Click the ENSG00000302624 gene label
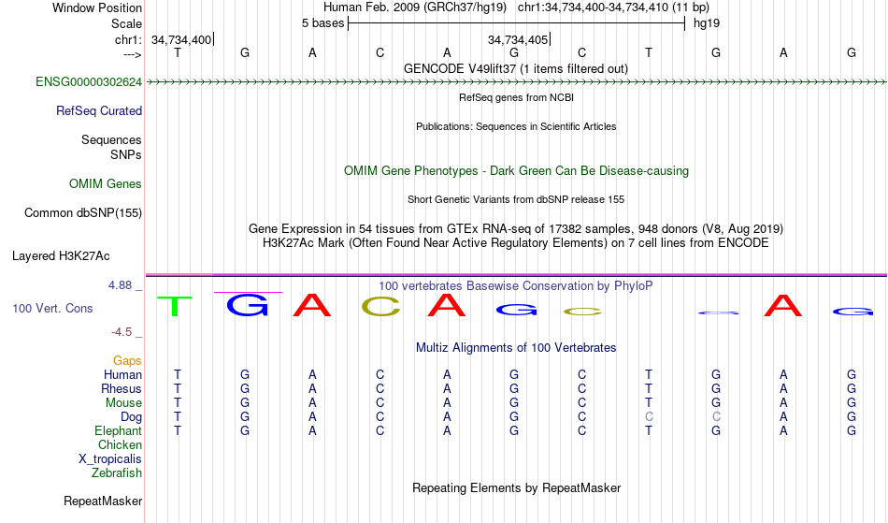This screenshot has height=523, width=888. tap(89, 81)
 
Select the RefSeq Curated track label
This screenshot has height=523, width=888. tap(99, 110)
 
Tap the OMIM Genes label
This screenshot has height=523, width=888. tap(106, 183)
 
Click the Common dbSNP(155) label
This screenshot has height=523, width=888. tap(83, 212)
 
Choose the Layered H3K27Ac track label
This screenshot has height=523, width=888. tap(61, 255)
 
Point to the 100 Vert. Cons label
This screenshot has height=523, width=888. tap(52, 308)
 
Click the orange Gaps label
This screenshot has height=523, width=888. tap(127, 360)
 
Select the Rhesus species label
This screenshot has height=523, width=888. tap(122, 388)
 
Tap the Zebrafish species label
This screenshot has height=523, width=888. tap(117, 472)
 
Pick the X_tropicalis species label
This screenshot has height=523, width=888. tap(110, 458)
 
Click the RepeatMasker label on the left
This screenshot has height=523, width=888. tap(103, 501)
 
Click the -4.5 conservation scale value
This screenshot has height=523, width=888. tap(123, 331)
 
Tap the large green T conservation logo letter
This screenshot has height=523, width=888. tap(175, 306)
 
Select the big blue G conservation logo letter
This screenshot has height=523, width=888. tap(248, 305)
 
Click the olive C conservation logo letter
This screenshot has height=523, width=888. tap(380, 306)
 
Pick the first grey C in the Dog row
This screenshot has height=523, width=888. tap(649, 416)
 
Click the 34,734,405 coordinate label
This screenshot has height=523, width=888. tap(517, 39)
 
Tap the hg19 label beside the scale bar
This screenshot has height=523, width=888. tap(706, 22)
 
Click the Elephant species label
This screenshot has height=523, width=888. tap(118, 430)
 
